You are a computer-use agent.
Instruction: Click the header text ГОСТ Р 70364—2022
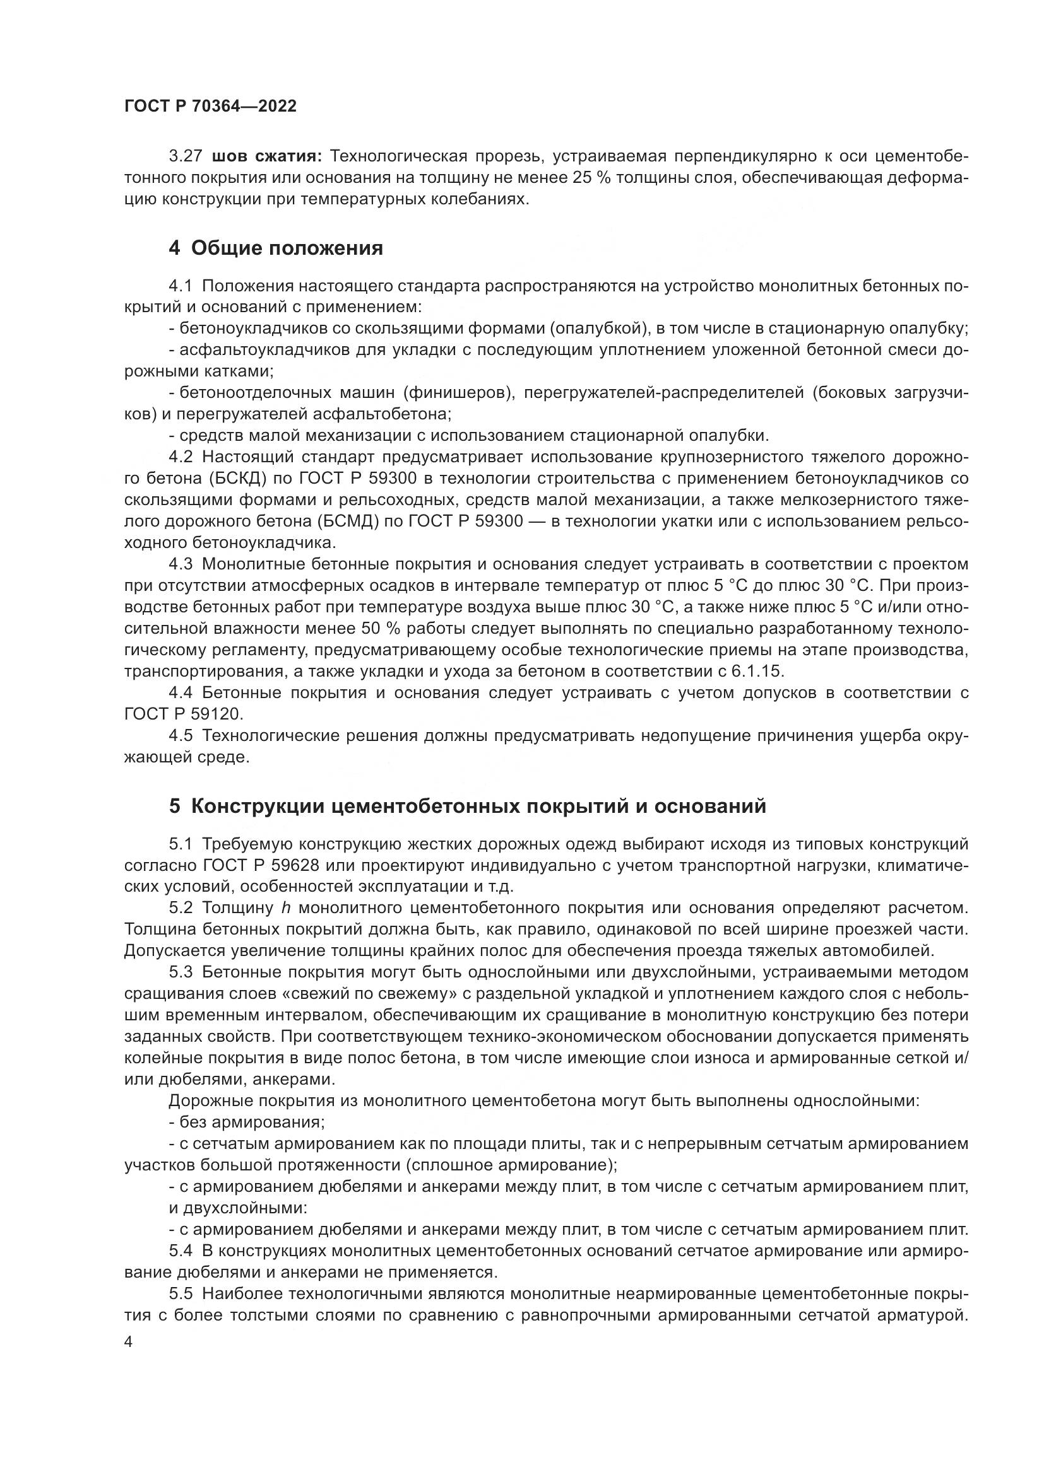coord(210,107)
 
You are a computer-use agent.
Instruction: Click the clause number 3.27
coord(185,156)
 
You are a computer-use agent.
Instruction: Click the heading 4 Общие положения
coord(276,248)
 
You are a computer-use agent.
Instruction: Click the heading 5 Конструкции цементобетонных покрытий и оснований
coord(467,807)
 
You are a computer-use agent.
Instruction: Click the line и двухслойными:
coord(237,1208)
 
